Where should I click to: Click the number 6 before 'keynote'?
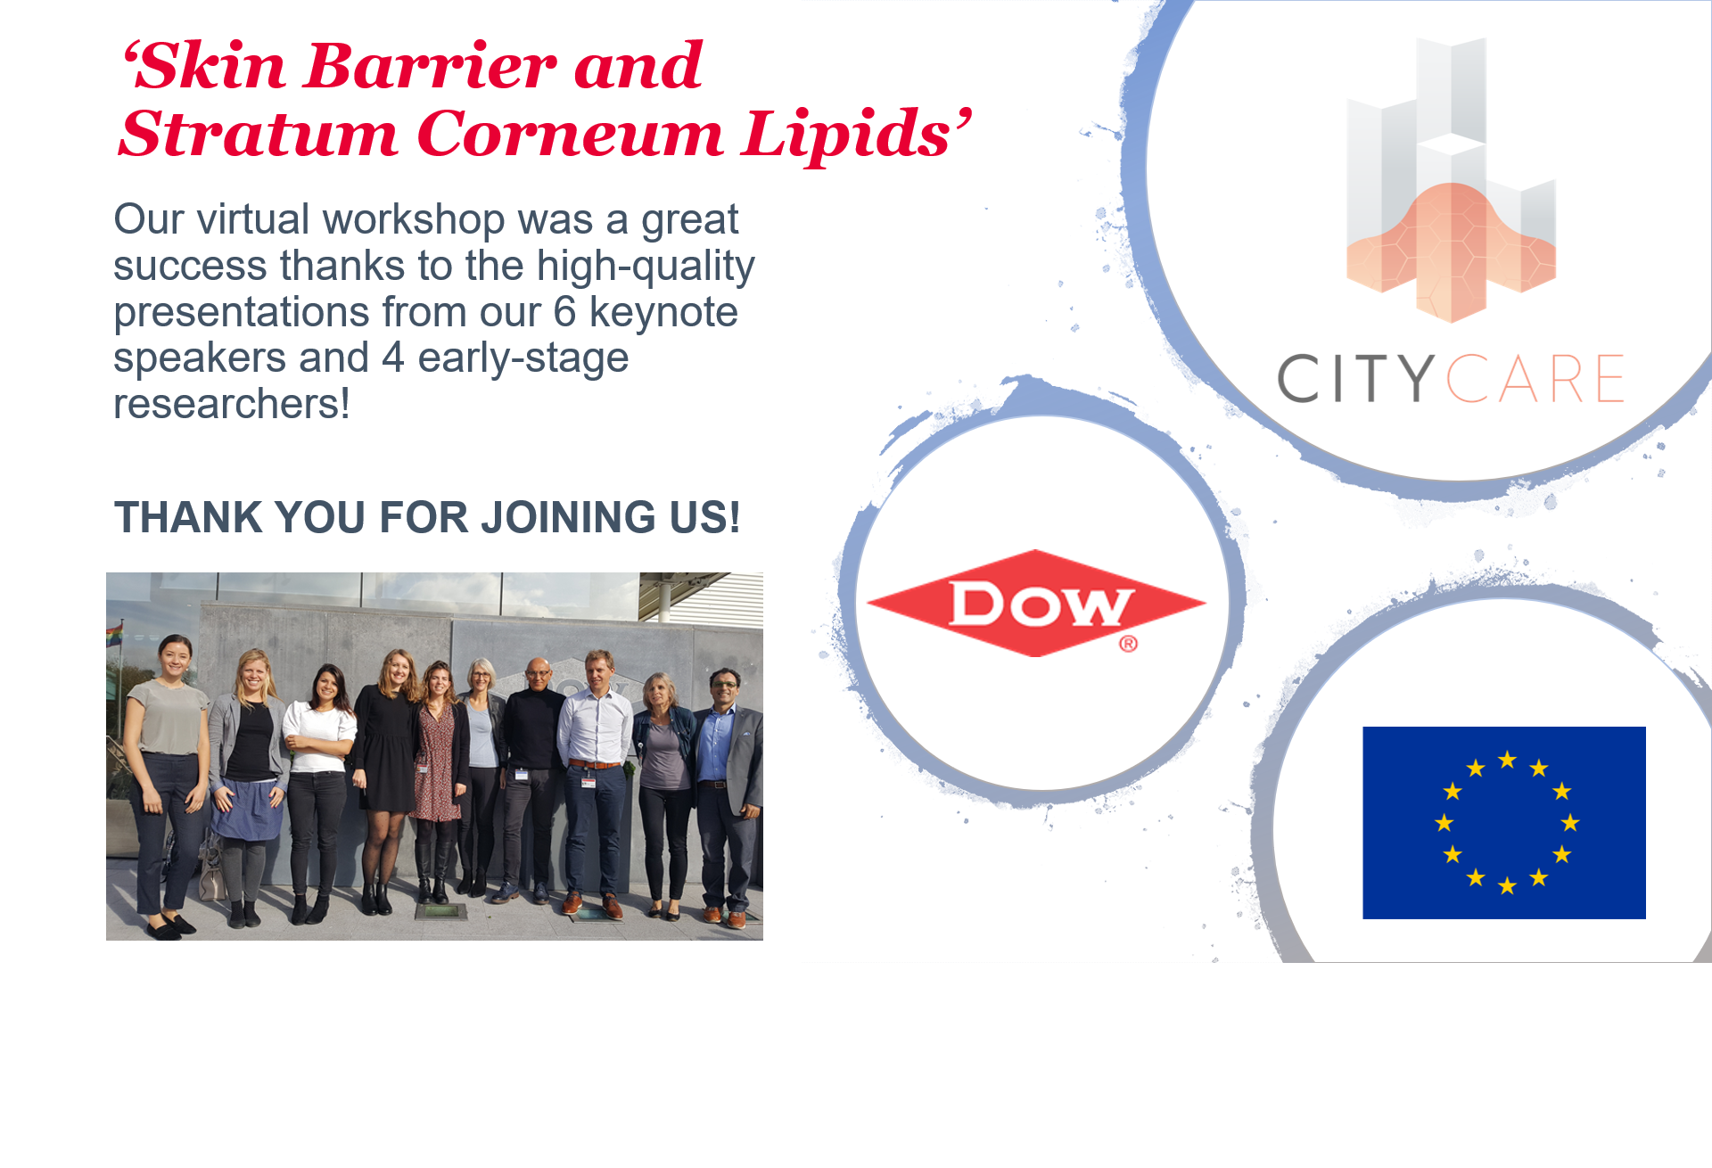564,312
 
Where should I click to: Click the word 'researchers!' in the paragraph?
232,404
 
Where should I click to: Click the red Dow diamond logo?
1036,604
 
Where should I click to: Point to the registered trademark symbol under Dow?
1128,644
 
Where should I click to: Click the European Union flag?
1504,823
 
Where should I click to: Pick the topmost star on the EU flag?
1507,760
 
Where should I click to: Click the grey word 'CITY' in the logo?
1356,378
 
